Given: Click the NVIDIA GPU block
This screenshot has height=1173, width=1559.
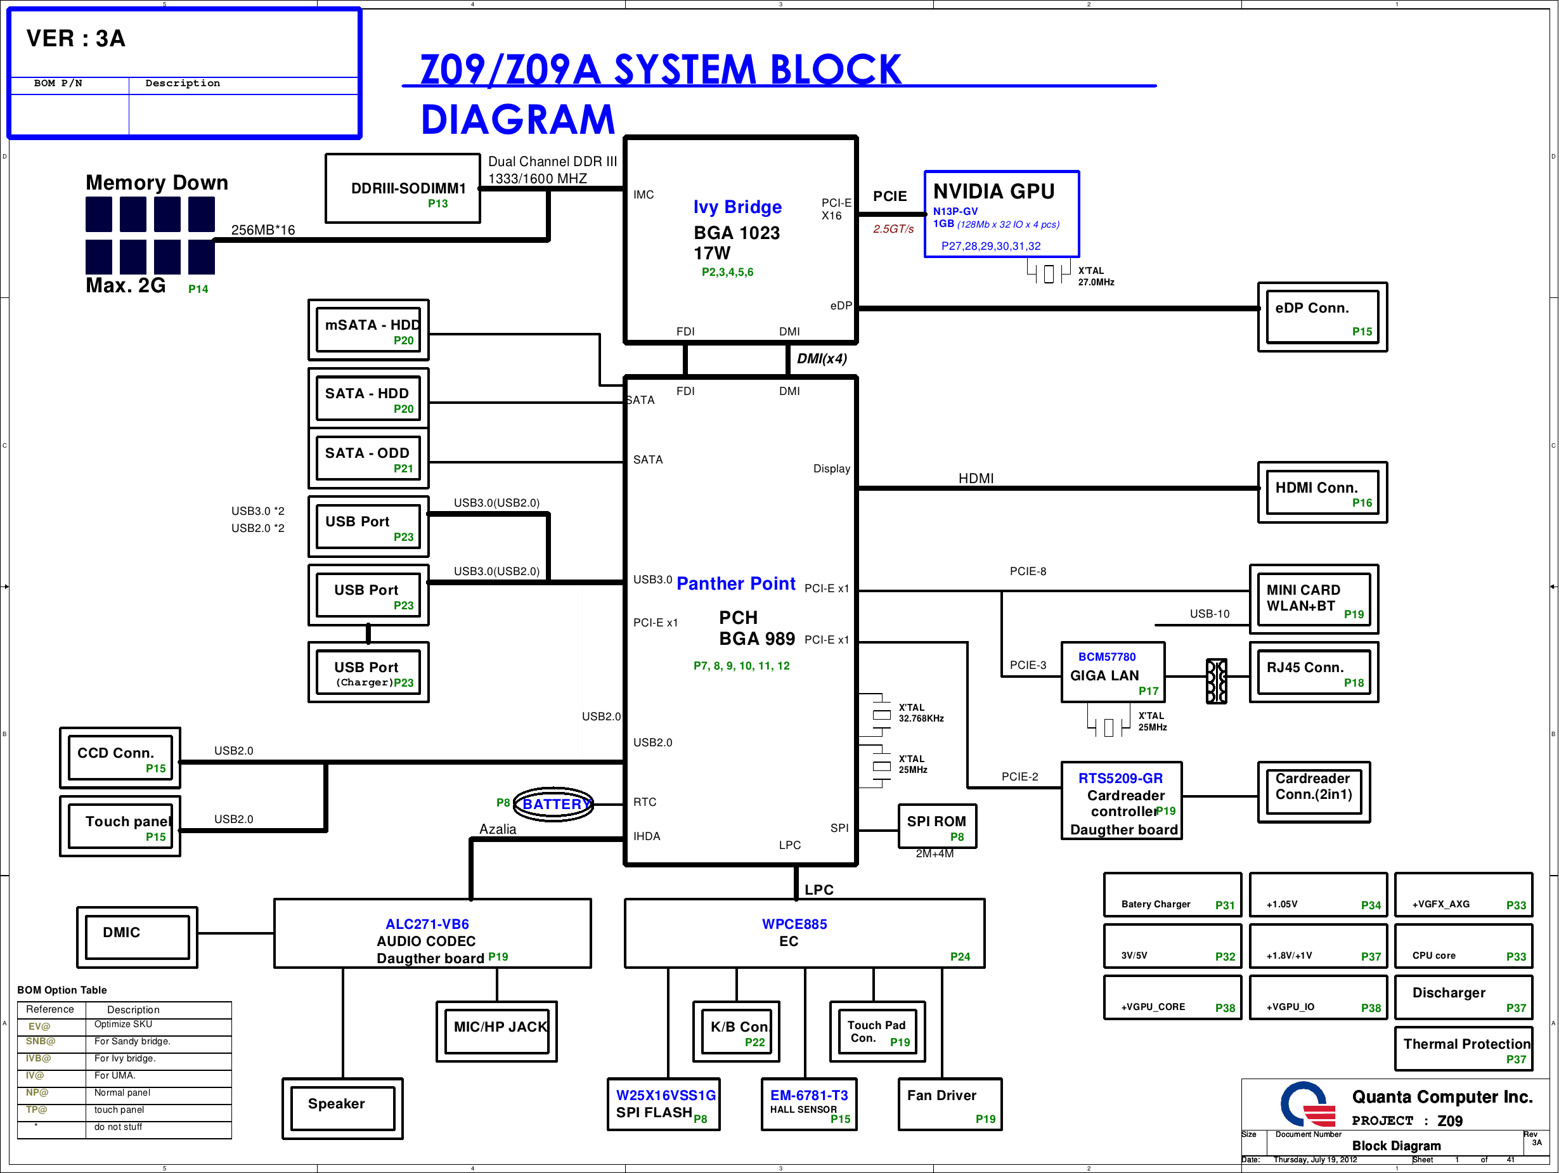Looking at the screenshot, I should pos(1001,214).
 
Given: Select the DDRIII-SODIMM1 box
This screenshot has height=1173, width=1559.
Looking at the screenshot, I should pos(403,189).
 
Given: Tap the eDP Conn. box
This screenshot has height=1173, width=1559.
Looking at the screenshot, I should pos(1322,317).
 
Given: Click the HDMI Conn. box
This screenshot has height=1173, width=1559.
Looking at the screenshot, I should pos(1322,493).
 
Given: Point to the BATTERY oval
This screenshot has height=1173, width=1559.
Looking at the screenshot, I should pos(554,803).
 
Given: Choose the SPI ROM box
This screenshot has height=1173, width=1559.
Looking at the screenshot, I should pos(936,827).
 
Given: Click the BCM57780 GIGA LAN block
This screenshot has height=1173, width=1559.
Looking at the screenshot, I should pos(1113,673).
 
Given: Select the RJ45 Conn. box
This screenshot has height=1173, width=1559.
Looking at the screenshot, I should pos(1314,673).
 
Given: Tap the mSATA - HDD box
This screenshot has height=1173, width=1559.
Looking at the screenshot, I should pos(368,330).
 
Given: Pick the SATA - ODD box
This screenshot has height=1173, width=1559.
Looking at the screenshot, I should pos(368,459).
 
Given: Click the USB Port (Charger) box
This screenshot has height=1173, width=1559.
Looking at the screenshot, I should pos(368,673).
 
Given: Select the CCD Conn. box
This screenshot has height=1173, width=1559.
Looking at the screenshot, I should pos(120,758).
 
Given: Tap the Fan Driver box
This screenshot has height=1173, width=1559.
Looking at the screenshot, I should pos(949,1105).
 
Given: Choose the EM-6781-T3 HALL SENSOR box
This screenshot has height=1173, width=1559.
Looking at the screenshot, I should pos(809,1105).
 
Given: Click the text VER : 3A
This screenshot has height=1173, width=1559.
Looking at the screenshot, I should pos(76,39).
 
